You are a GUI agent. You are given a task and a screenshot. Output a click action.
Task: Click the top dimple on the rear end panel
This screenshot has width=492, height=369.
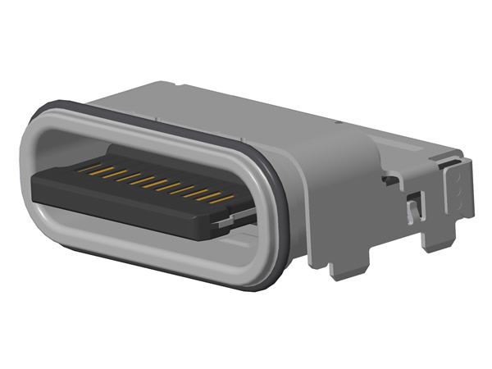point(458,174)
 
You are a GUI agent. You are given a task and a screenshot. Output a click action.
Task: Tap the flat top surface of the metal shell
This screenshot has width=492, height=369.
point(271,115)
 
